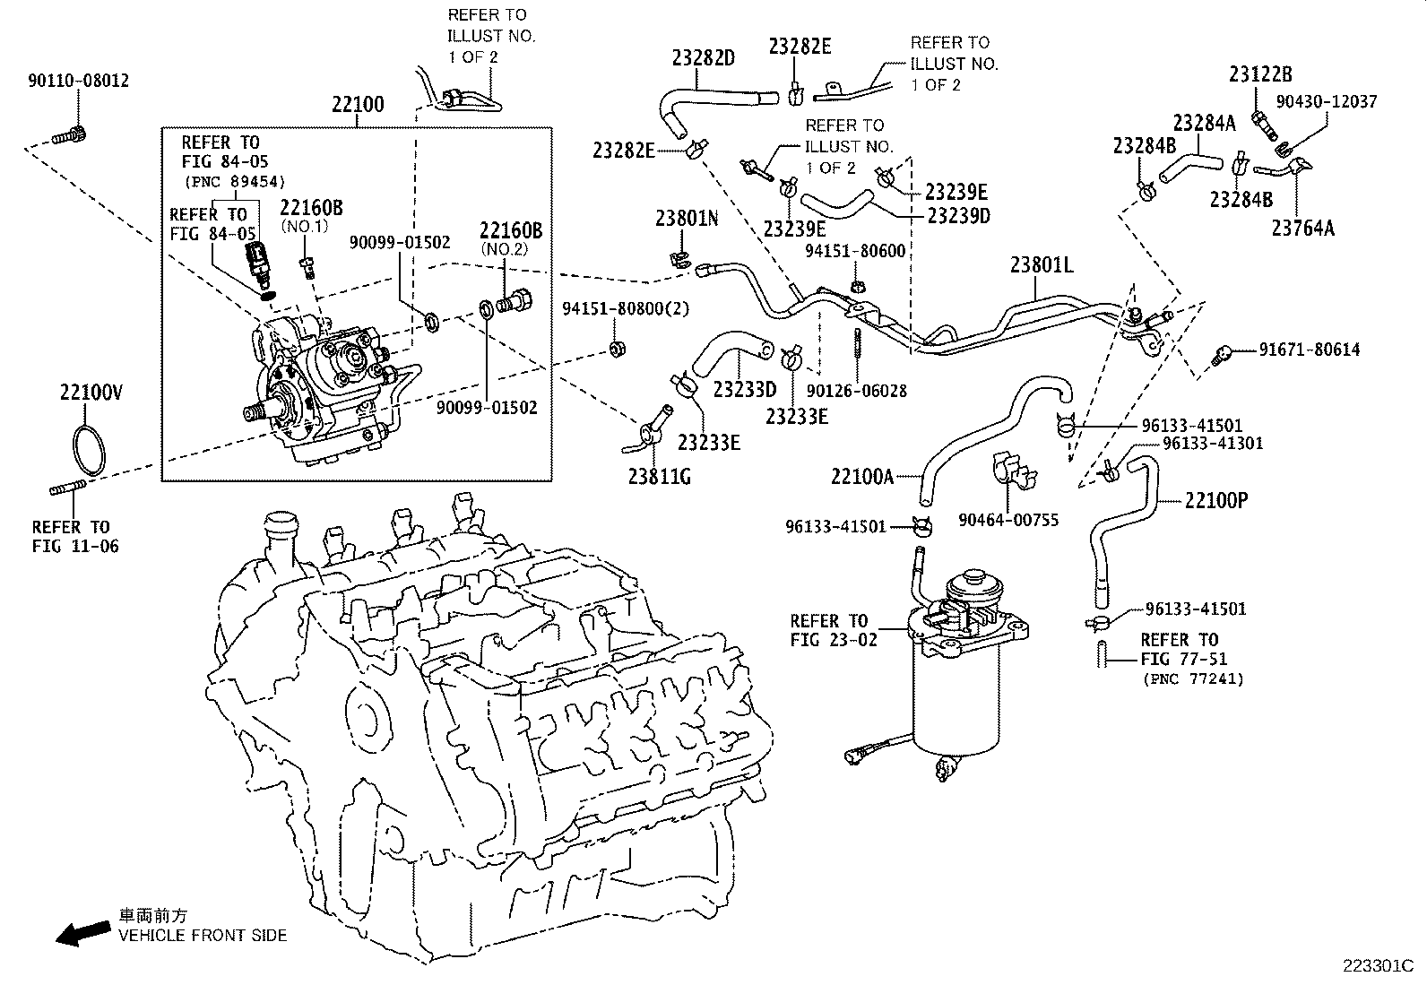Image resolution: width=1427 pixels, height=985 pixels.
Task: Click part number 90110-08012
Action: click(x=78, y=81)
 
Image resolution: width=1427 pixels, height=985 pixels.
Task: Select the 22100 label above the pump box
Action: click(x=357, y=104)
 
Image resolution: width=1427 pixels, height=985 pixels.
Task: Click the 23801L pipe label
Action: click(x=1041, y=265)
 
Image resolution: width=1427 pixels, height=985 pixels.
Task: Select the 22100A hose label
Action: click(x=861, y=477)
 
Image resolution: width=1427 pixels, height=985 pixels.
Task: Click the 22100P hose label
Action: click(x=1215, y=500)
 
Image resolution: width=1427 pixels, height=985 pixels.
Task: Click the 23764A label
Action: click(x=1302, y=229)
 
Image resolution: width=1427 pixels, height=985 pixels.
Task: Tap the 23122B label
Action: click(x=1260, y=74)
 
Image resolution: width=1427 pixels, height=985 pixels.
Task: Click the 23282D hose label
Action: click(x=704, y=58)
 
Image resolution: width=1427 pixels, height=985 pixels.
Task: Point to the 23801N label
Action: click(x=686, y=219)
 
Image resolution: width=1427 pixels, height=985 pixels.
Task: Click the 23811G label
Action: click(x=659, y=476)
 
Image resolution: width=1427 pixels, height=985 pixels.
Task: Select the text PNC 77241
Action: click(x=1193, y=679)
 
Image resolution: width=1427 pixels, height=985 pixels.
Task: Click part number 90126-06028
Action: click(x=856, y=391)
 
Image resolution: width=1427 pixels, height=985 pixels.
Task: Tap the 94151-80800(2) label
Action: click(x=626, y=308)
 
